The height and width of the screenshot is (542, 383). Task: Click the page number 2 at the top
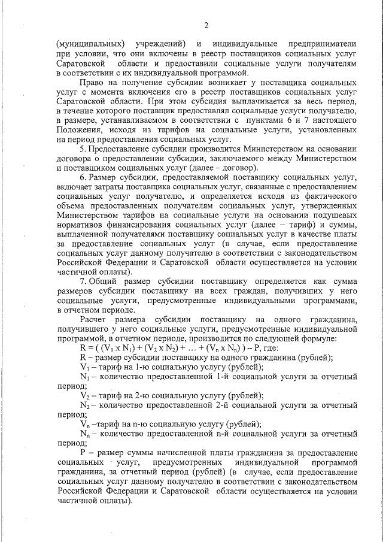coord(206,25)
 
